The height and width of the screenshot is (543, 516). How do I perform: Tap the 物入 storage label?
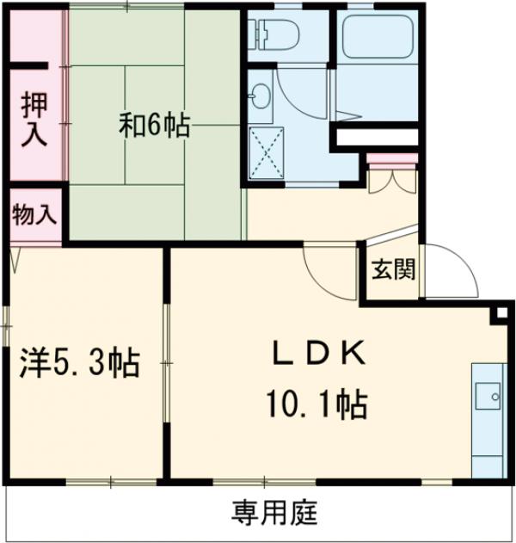(x=34, y=216)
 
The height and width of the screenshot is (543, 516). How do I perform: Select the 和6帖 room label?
(x=155, y=127)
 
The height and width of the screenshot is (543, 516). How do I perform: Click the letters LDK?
(x=320, y=353)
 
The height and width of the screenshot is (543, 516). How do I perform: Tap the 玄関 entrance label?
(x=393, y=270)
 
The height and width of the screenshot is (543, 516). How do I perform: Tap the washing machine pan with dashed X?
(x=266, y=152)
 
